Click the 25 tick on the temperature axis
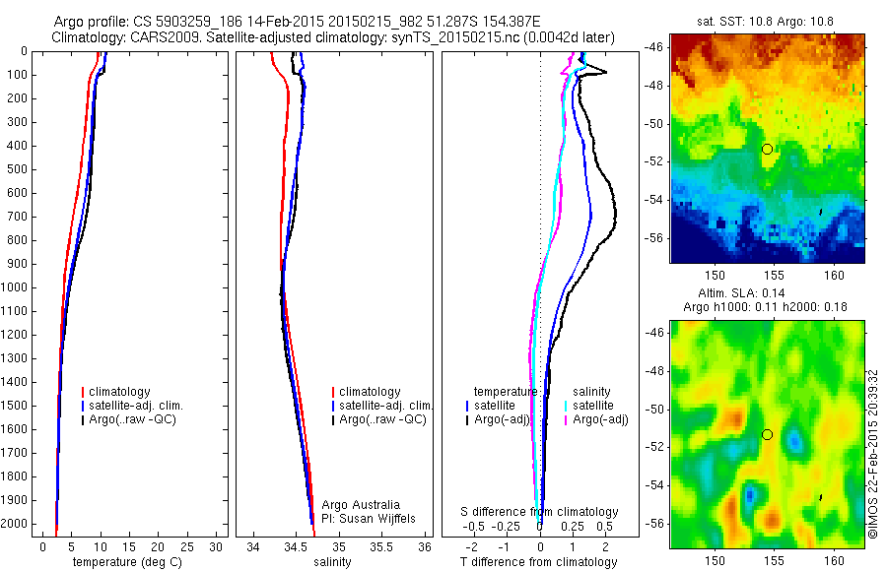click(x=186, y=546)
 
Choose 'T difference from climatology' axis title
click(x=539, y=562)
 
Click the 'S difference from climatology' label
click(x=539, y=513)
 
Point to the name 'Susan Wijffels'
click(x=374, y=518)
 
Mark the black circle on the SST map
click(x=767, y=149)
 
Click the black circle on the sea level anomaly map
click(x=767, y=434)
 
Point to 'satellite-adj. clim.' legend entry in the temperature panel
click(x=137, y=406)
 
